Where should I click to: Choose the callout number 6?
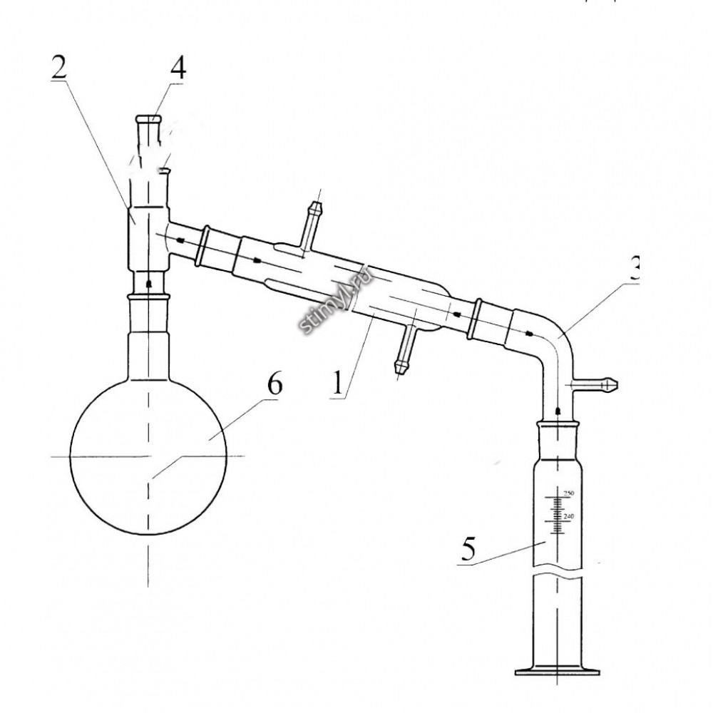(275, 385)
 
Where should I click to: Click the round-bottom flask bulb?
(148, 456)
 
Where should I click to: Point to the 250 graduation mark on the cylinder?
(569, 493)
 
